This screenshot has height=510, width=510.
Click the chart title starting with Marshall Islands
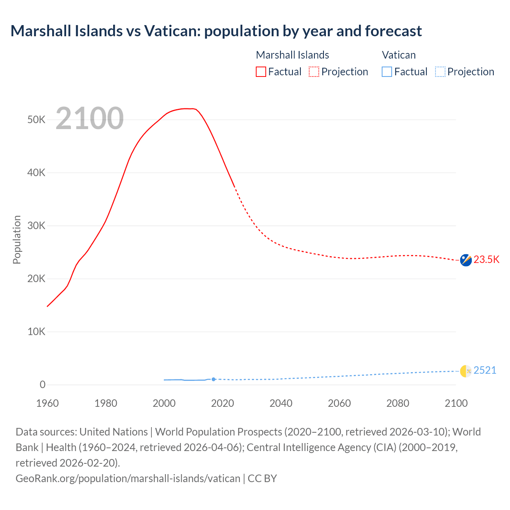point(216,31)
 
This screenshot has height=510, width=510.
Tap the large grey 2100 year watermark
point(90,118)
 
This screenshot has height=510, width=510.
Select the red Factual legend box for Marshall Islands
point(261,72)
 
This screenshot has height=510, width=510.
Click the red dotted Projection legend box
point(314,72)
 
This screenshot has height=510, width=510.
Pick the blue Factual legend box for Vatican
point(387,72)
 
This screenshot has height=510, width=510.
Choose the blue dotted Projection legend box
point(440,72)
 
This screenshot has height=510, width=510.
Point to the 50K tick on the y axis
point(36,120)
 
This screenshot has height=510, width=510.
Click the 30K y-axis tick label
point(36,226)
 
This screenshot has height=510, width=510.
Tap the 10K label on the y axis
point(36,331)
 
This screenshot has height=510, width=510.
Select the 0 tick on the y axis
point(42,384)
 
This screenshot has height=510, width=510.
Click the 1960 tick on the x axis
point(47,403)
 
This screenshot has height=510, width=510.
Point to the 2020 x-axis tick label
point(222,403)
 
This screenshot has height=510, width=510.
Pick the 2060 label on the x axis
point(339,403)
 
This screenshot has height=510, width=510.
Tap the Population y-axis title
point(17,239)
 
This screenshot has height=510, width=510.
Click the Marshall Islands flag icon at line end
point(466,260)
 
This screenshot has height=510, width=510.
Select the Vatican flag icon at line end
point(466,371)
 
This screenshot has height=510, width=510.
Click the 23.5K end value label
point(486,260)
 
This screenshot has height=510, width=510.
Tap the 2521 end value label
point(485,371)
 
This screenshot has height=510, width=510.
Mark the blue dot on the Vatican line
point(214,379)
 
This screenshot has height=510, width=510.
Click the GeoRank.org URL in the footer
point(128,478)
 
